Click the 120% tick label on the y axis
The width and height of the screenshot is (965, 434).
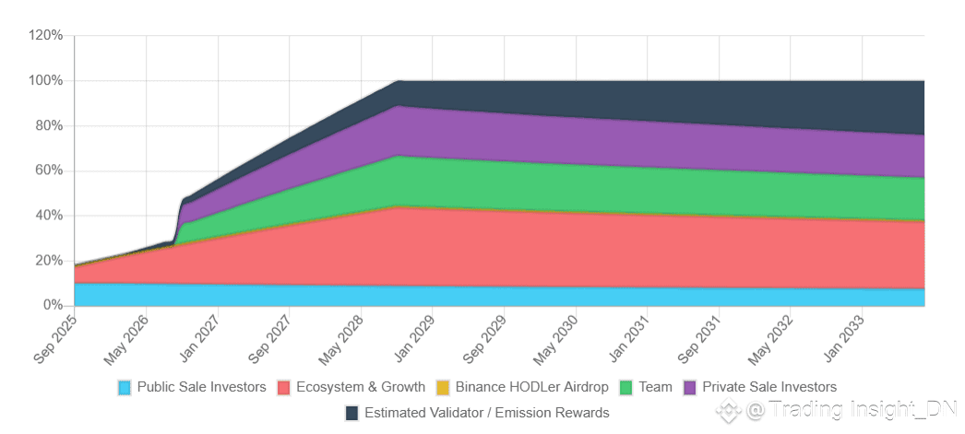coord(45,35)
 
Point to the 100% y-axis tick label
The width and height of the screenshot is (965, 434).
coord(45,80)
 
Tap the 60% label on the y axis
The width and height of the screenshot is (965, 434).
coord(48,170)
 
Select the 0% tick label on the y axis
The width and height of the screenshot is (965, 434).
coord(52,305)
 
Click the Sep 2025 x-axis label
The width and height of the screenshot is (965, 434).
coord(56,338)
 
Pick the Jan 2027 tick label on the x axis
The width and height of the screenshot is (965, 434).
coord(199,338)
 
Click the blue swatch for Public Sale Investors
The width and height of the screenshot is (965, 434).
coord(125,387)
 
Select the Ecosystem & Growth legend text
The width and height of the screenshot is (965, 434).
coord(361,387)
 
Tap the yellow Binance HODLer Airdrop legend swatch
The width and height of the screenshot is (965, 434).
coord(443,387)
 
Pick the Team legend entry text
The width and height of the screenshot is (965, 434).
coord(655,387)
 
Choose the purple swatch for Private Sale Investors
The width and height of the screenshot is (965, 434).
coord(690,387)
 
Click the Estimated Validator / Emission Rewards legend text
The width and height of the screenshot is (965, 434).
coord(487,413)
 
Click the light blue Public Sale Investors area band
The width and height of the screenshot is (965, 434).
coord(461,296)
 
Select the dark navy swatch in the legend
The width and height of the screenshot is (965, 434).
coord(351,413)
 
